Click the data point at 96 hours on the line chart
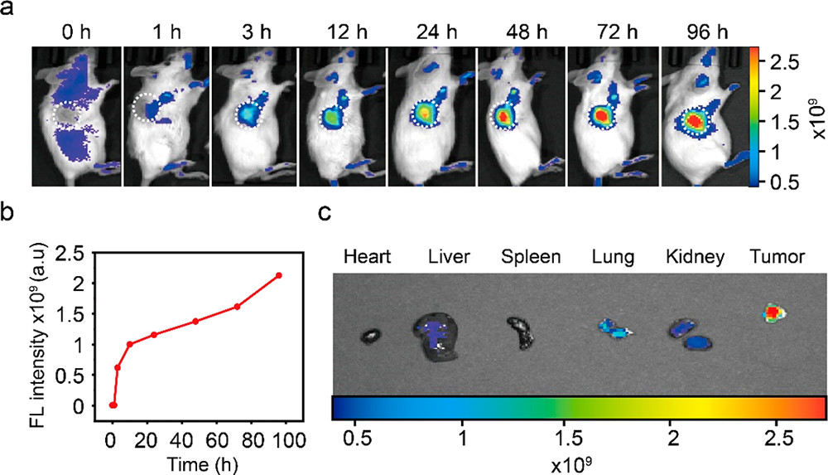tap(279, 275)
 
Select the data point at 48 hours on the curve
tap(195, 321)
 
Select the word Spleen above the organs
tap(531, 257)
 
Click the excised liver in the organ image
tap(439, 335)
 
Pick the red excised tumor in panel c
tap(773, 313)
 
